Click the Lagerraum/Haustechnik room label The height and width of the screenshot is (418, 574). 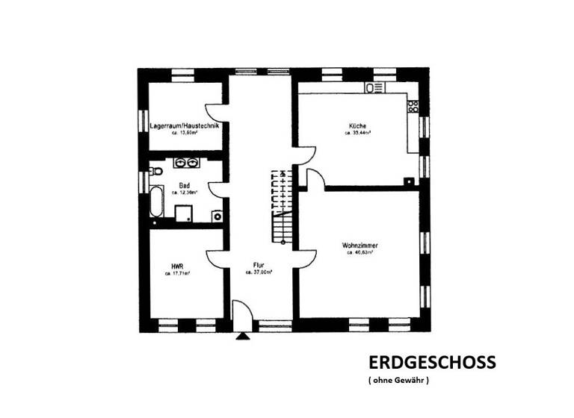click(184, 126)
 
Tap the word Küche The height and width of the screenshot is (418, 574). click(357, 125)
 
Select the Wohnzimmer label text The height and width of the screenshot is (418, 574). click(359, 245)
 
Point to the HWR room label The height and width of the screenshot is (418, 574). click(177, 265)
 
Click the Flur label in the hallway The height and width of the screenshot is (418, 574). click(258, 265)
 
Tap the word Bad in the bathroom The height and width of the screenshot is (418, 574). click(184, 184)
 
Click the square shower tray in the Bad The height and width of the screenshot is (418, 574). click(184, 214)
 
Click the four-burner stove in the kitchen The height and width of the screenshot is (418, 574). click(411, 106)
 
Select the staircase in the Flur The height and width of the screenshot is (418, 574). click(282, 206)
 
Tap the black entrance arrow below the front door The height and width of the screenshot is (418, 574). click(242, 337)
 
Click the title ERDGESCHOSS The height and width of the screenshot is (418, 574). click(431, 363)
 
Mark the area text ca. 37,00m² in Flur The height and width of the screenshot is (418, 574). click(258, 273)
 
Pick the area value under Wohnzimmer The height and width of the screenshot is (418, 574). click(359, 253)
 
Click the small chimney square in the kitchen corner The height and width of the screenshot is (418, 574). click(408, 181)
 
